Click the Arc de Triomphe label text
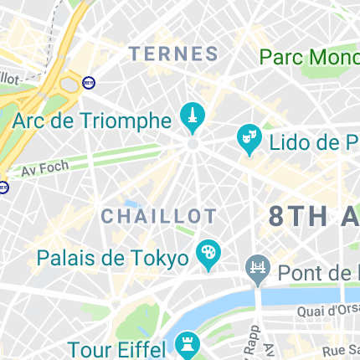(91, 121)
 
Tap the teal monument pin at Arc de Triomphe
(192, 115)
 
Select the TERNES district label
(173, 54)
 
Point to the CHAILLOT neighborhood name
(159, 216)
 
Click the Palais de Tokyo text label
(113, 257)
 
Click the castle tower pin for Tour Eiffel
(188, 344)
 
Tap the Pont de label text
(318, 273)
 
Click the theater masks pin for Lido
(249, 136)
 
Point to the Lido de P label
(313, 141)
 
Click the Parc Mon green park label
(309, 58)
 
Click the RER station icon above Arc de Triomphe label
(89, 83)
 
